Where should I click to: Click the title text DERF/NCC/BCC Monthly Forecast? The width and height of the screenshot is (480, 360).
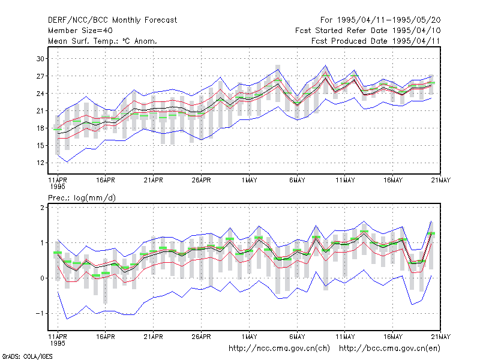[112, 20]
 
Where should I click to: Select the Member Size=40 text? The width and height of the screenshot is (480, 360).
[80, 31]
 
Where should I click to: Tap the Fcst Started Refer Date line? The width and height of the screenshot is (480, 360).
[368, 31]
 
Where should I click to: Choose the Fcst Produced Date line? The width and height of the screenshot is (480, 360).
[376, 41]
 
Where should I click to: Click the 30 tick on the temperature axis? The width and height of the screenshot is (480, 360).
[40, 58]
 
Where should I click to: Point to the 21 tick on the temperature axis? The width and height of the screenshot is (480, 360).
[40, 111]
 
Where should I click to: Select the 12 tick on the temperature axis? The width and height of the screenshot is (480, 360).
[40, 163]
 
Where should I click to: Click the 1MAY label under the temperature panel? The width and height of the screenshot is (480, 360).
[249, 180]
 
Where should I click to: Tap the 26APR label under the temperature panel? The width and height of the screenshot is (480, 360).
[201, 180]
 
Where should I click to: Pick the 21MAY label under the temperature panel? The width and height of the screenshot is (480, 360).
[441, 180]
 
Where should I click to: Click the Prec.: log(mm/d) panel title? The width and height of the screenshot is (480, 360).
[82, 198]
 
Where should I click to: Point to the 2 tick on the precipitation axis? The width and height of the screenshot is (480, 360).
[42, 208]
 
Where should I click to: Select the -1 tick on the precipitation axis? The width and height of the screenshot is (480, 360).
[40, 313]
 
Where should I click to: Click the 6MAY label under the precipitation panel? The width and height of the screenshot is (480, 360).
[297, 337]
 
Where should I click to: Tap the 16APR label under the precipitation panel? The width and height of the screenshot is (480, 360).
[106, 337]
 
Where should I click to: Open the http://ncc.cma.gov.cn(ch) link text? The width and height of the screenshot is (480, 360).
[279, 349]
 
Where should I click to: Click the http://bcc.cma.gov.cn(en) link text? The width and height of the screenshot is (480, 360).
[389, 349]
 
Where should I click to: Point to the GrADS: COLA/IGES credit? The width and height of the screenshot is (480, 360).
[27, 356]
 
